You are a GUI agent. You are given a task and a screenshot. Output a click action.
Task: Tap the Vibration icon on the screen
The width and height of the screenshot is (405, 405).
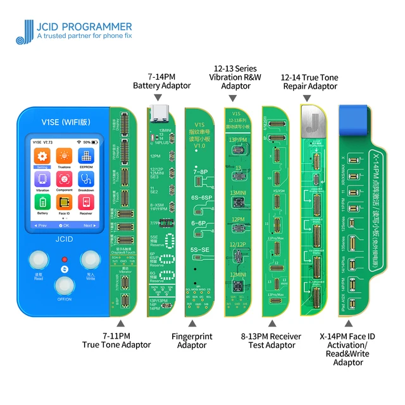pyautogui.click(x=42, y=180)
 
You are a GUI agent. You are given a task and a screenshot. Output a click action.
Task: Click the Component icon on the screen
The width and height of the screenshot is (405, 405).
pyautogui.click(x=64, y=180)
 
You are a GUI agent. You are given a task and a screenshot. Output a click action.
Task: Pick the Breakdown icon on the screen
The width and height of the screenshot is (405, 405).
pyautogui.click(x=86, y=180)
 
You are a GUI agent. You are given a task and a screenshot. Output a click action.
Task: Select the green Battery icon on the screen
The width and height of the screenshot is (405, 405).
pyautogui.click(x=42, y=202)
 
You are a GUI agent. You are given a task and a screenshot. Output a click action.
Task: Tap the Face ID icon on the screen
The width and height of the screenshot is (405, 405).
pyautogui.click(x=64, y=202)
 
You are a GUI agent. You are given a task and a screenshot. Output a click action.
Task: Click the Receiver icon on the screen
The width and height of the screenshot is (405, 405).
pyautogui.click(x=86, y=202)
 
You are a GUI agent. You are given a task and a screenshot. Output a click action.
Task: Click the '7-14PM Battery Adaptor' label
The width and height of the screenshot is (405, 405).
pyautogui.click(x=159, y=80)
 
